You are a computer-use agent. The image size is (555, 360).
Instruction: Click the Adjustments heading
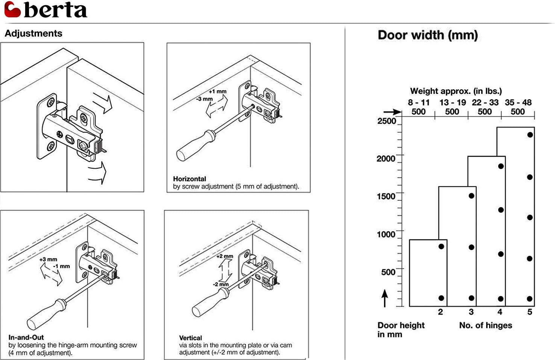click(x=33, y=33)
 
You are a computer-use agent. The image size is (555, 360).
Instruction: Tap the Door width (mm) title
click(x=428, y=35)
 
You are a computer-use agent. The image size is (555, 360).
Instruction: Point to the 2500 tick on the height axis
click(x=387, y=121)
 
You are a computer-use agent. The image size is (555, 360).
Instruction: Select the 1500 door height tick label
click(x=386, y=196)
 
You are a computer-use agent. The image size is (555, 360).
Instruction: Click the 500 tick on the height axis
click(x=388, y=272)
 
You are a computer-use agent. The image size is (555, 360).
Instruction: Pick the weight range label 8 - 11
click(x=419, y=103)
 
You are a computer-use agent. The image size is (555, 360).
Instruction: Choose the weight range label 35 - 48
click(x=518, y=103)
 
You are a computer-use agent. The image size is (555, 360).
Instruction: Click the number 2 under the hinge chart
click(x=440, y=312)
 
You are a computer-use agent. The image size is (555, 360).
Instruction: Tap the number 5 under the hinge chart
click(x=529, y=312)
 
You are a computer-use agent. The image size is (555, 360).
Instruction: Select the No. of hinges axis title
click(x=485, y=325)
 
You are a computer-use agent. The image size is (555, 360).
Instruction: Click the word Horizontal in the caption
click(x=190, y=179)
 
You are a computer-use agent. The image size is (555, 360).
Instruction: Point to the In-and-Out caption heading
click(x=26, y=337)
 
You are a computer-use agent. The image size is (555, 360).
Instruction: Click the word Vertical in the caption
click(x=190, y=338)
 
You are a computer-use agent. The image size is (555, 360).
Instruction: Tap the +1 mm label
click(x=218, y=91)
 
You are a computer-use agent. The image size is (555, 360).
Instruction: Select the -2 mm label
click(x=221, y=284)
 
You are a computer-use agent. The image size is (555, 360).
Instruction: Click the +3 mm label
click(x=48, y=259)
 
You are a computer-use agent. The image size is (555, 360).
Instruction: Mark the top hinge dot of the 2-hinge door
click(x=441, y=247)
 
